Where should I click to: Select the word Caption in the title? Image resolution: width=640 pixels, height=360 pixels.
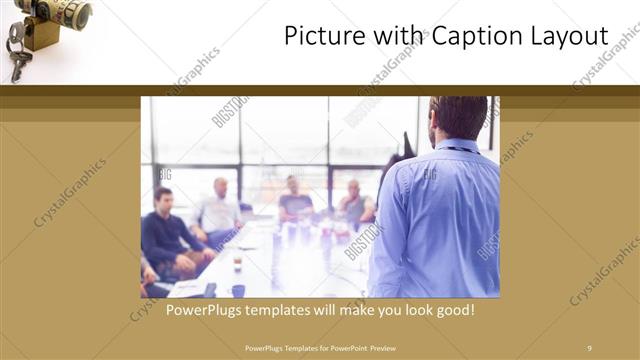[473, 36]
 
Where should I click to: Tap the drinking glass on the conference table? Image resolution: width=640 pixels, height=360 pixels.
[237, 264]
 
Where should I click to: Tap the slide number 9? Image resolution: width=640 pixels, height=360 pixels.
[589, 347]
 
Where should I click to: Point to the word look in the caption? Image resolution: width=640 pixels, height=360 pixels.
[408, 310]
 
